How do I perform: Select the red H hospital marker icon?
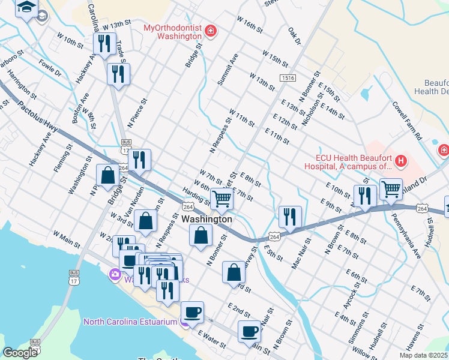click(400, 161)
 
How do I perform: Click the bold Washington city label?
click(206, 219)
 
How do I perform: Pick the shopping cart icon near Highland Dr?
click(391, 190)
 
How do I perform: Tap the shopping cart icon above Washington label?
click(222, 199)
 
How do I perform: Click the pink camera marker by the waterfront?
click(115, 275)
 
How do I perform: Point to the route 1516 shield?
click(287, 78)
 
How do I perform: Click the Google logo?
click(19, 352)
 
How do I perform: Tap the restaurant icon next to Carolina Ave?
click(105, 43)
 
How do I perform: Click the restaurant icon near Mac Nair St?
click(290, 217)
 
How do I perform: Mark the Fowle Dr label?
click(50, 67)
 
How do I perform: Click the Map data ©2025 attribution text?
click(423, 355)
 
